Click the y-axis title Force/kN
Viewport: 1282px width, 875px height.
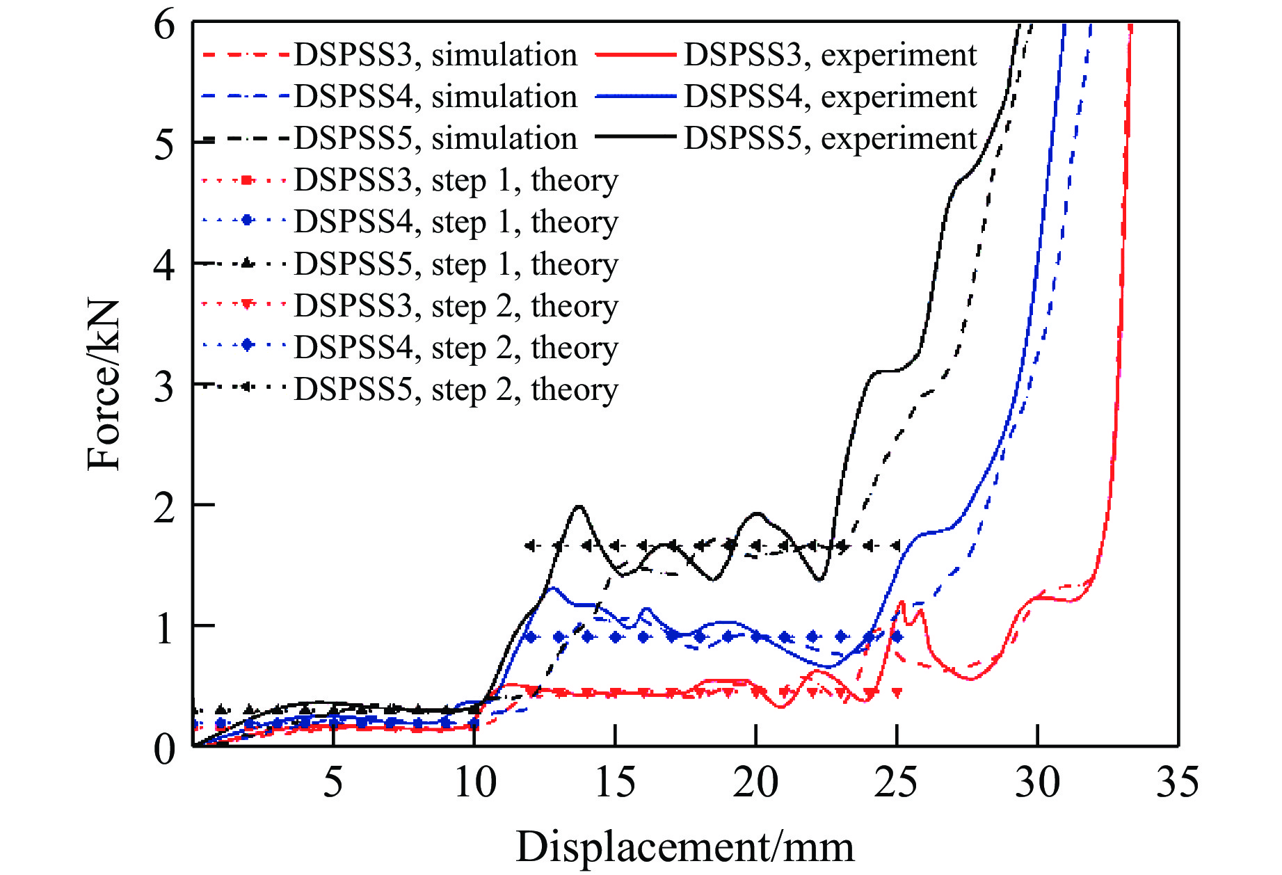tap(104, 385)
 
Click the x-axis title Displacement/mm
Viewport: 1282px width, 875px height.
tap(684, 847)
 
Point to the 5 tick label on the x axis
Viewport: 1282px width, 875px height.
tap(333, 782)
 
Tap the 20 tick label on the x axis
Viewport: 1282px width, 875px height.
tap(755, 782)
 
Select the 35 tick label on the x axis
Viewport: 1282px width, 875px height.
tap(1178, 782)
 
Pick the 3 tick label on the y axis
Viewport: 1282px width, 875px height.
tap(164, 387)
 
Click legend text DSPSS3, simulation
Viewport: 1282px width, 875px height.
tap(435, 55)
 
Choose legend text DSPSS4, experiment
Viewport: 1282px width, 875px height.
tap(831, 97)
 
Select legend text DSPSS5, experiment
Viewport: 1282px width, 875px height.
tap(831, 138)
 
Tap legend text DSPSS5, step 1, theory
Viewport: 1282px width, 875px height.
tap(456, 264)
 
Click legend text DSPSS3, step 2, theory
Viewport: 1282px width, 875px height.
tap(456, 306)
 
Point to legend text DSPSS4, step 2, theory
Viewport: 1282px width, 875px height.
tap(456, 348)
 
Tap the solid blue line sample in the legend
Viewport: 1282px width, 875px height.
tap(636, 97)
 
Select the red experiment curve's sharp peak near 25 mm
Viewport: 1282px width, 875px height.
tap(902, 602)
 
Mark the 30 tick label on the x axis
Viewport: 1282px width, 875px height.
tap(1037, 782)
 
